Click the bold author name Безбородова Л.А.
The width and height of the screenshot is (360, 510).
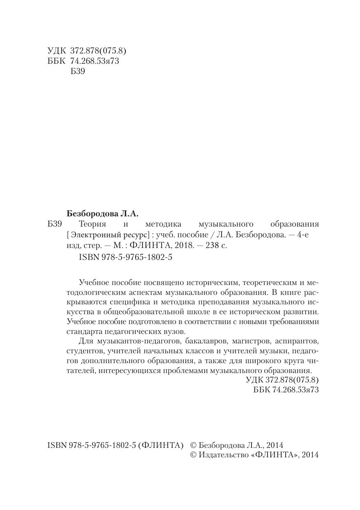[103, 213]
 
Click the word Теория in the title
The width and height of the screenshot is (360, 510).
[92, 224]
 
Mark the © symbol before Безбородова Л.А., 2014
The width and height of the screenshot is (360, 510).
[193, 445]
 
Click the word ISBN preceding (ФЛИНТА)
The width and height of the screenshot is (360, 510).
[56, 445]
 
